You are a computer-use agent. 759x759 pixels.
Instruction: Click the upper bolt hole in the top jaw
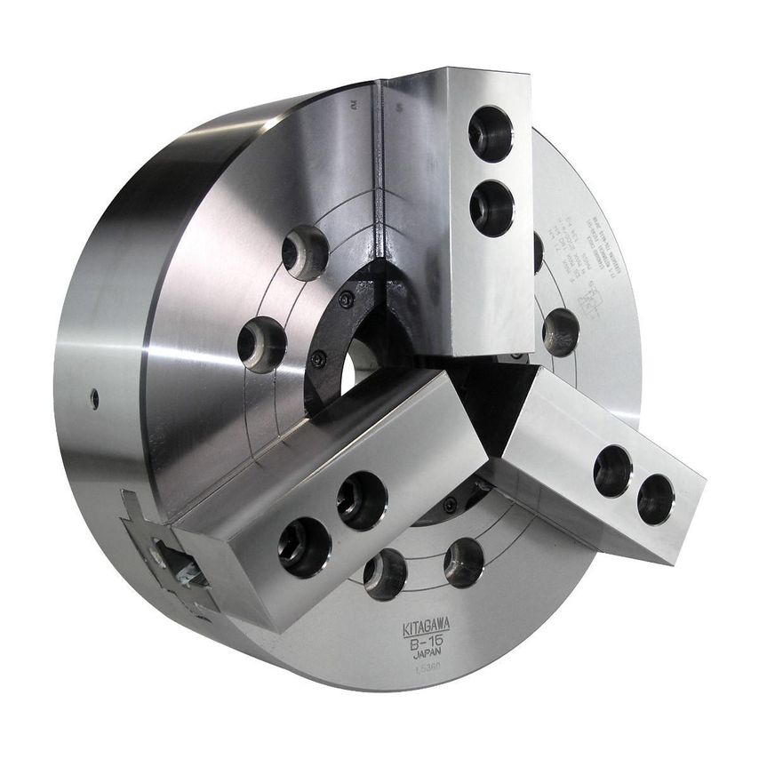(x=491, y=134)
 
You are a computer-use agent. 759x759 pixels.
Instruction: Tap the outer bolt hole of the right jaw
(x=655, y=499)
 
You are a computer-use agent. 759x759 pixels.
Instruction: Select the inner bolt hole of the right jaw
(x=612, y=471)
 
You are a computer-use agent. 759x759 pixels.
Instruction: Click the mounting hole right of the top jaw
(x=561, y=332)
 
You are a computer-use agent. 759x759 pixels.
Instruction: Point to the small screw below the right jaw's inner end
(x=451, y=505)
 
